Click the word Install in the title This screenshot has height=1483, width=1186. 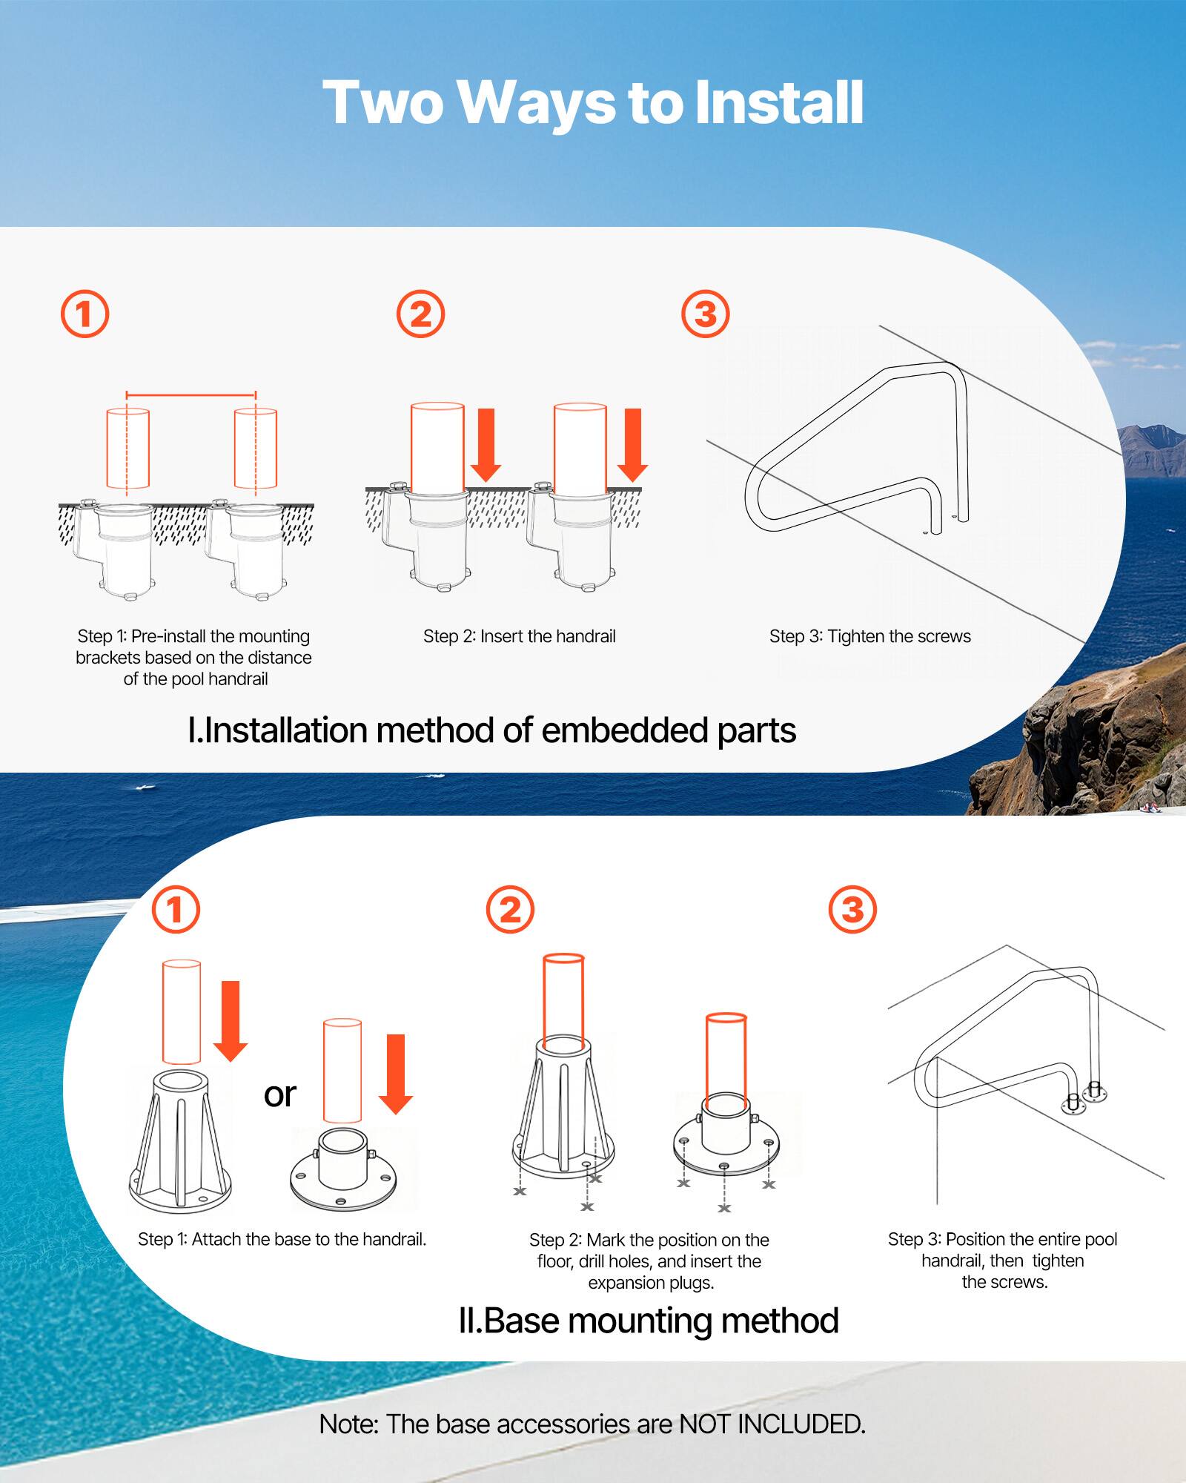779,102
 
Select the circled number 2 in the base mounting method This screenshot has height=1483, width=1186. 510,909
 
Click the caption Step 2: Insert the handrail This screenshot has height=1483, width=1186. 519,636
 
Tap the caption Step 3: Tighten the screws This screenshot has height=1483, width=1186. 869,636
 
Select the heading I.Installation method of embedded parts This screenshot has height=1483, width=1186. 491,730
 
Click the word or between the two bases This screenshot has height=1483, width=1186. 279,1094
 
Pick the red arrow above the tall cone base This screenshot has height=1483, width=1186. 231,1020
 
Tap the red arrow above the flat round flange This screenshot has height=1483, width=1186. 396,1074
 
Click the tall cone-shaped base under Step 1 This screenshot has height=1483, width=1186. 180,1142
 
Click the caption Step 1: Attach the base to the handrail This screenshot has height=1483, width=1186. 282,1239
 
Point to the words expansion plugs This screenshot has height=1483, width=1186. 651,1283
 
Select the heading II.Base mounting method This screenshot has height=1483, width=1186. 649,1321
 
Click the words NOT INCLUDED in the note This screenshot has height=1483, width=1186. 772,1424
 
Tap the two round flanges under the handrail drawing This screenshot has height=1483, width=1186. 1081,1098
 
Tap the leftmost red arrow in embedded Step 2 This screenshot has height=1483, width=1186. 486,443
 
